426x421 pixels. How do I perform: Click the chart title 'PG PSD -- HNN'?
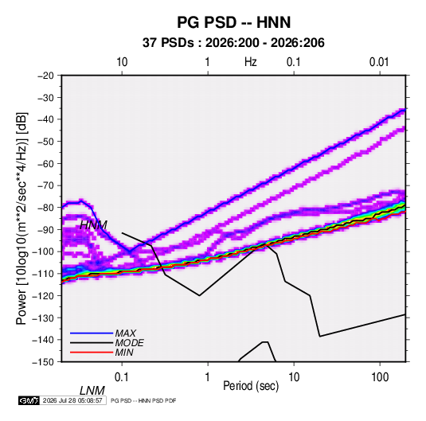[x=233, y=22]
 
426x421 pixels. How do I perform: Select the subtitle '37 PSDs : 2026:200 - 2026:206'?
[x=233, y=43]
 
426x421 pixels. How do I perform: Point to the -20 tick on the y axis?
[x=46, y=76]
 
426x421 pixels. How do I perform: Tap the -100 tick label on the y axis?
[x=44, y=251]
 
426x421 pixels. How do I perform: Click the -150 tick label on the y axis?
[x=44, y=362]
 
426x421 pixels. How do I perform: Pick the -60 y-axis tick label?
[x=46, y=163]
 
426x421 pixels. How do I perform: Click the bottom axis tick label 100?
[x=380, y=377]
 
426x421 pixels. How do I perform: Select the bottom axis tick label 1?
[x=208, y=377]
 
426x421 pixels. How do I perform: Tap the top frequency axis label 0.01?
[x=379, y=62]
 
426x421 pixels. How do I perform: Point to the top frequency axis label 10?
[x=122, y=62]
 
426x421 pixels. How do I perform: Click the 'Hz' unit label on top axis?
[x=251, y=62]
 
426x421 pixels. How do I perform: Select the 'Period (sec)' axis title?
[x=251, y=386]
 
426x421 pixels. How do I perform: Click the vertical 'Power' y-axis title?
[x=21, y=218]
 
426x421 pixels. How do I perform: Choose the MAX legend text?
[x=126, y=333]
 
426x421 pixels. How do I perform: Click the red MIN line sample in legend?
[x=92, y=353]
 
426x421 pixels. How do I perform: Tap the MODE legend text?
[x=129, y=343]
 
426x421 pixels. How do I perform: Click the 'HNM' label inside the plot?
[x=93, y=225]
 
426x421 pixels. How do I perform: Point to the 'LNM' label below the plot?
[x=92, y=391]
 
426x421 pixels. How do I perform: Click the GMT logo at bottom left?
[x=29, y=400]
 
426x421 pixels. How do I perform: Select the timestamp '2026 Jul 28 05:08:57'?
[x=72, y=400]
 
